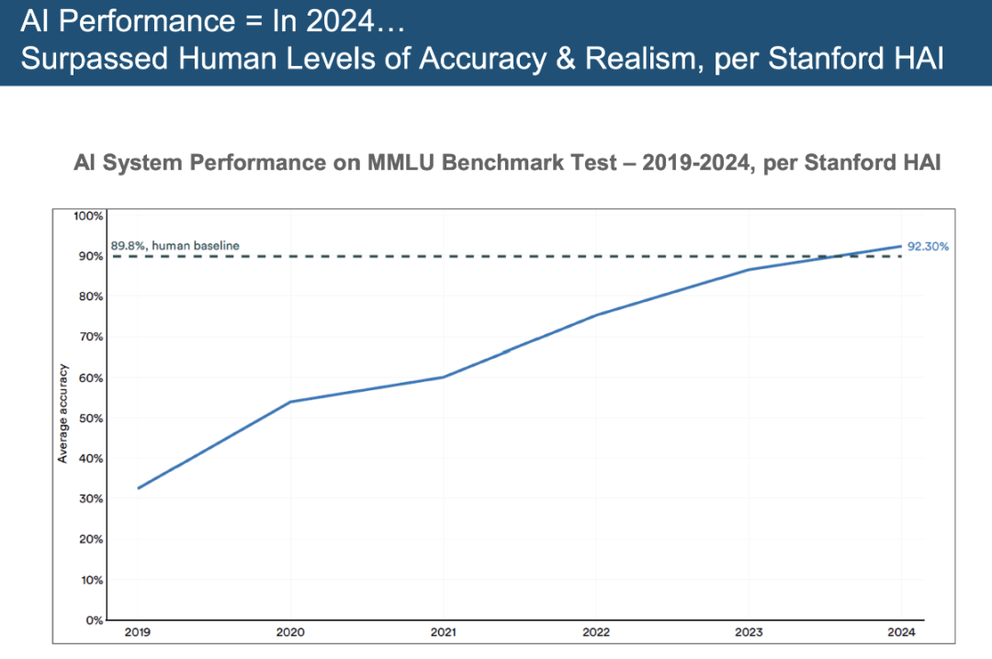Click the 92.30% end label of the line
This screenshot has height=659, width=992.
point(928,247)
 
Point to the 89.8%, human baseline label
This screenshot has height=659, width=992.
point(175,245)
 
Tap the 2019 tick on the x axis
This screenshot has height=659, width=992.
point(137,631)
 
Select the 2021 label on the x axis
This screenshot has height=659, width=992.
point(443,631)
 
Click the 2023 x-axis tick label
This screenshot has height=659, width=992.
point(749,631)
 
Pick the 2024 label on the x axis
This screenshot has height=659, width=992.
point(902,631)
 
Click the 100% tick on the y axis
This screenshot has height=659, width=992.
point(88,217)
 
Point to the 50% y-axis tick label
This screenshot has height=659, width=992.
point(90,418)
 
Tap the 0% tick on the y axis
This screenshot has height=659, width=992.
point(95,620)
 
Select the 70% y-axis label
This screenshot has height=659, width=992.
point(90,337)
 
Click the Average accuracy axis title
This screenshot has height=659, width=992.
point(62,414)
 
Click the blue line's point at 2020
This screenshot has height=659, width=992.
point(290,402)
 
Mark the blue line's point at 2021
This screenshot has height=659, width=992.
point(443,377)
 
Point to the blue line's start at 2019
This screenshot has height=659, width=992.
point(138,488)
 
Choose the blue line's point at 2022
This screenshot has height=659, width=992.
point(596,315)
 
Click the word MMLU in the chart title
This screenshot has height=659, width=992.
point(401,162)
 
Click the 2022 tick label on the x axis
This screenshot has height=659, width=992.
point(596,631)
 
